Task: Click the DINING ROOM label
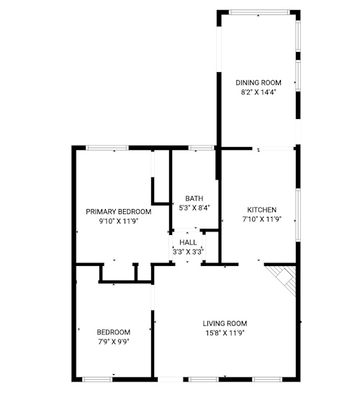pyautogui.click(x=258, y=83)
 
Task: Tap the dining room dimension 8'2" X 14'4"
pyautogui.click(x=258, y=92)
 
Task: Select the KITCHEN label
pyautogui.click(x=262, y=210)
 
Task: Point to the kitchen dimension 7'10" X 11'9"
pyautogui.click(x=262, y=219)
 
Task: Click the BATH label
pyautogui.click(x=194, y=198)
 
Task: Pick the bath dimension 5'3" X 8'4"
pyautogui.click(x=194, y=208)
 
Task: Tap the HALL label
pyautogui.click(x=188, y=242)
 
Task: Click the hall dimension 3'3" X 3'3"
pyautogui.click(x=188, y=252)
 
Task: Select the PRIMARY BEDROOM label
pyautogui.click(x=119, y=212)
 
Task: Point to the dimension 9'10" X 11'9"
pyautogui.click(x=119, y=221)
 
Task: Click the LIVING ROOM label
pyautogui.click(x=225, y=324)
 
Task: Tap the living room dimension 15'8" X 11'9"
pyautogui.click(x=225, y=333)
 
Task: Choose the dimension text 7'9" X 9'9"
pyautogui.click(x=114, y=342)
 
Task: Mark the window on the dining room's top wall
pyautogui.click(x=259, y=12)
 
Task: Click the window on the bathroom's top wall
pyautogui.click(x=202, y=148)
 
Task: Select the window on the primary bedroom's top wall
pyautogui.click(x=107, y=148)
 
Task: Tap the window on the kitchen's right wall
pyautogui.click(x=298, y=216)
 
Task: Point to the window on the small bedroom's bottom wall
pyautogui.click(x=97, y=379)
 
